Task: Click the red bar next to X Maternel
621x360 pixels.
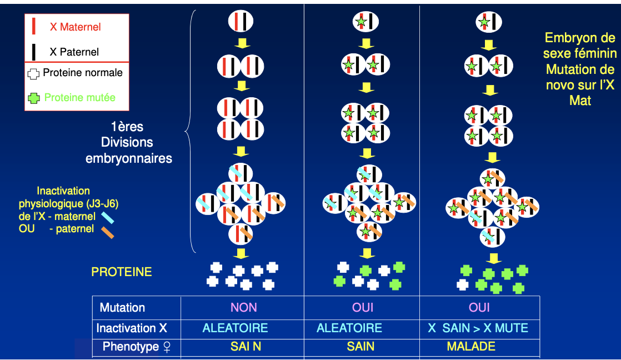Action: [34, 26]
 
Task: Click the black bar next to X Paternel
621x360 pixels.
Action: [34, 52]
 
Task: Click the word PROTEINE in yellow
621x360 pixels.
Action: [122, 272]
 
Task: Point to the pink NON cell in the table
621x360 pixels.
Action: [244, 307]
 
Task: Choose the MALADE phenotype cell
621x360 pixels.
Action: [470, 346]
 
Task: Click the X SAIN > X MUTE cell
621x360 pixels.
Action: [478, 328]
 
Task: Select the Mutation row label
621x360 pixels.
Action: [122, 308]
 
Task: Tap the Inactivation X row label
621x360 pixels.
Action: [132, 328]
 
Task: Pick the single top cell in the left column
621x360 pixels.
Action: [241, 22]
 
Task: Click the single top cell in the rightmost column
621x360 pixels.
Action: [489, 22]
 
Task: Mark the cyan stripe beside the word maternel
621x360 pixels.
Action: [107, 217]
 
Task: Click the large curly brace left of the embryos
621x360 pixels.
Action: [189, 131]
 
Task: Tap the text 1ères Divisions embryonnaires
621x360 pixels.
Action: [129, 143]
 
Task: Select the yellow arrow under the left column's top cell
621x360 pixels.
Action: [241, 43]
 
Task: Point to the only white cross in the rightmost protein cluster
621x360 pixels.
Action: [462, 284]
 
